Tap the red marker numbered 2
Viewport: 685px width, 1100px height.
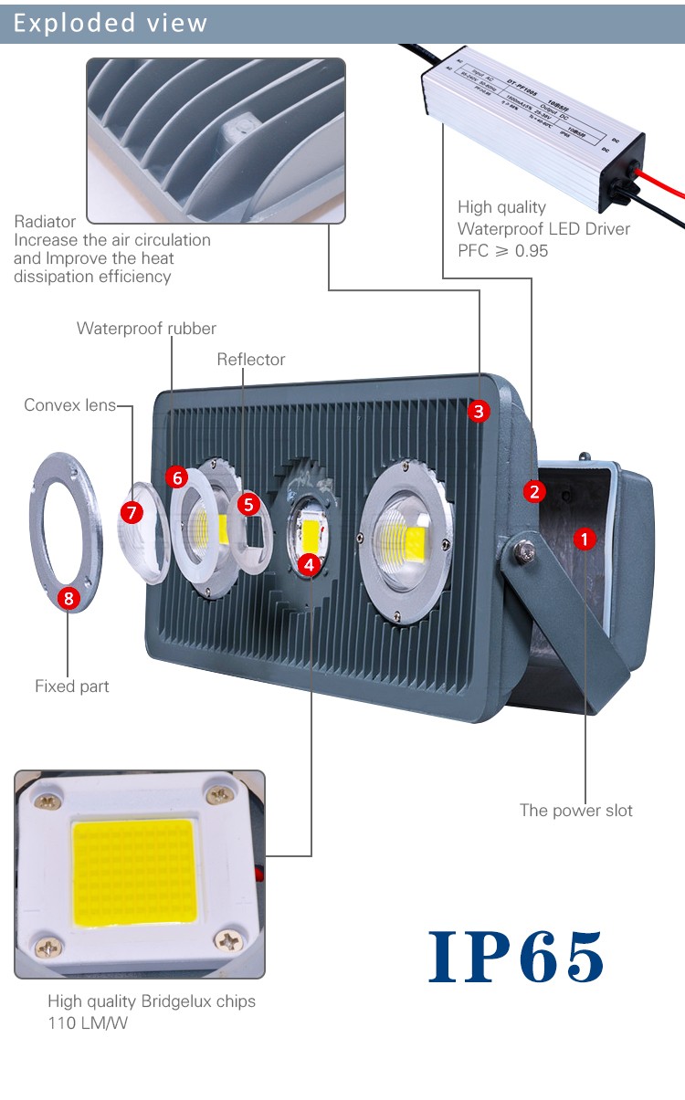pyautogui.click(x=535, y=491)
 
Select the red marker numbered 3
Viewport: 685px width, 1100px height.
pyautogui.click(x=479, y=411)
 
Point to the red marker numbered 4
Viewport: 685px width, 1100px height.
pyautogui.click(x=311, y=564)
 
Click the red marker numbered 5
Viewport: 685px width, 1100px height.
pyautogui.click(x=248, y=503)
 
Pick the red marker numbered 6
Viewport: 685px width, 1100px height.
pyautogui.click(x=177, y=477)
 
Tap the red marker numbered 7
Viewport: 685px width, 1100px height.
pyautogui.click(x=133, y=513)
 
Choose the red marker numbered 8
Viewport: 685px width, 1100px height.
pyautogui.click(x=68, y=599)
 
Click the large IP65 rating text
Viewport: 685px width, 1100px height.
pyautogui.click(x=516, y=957)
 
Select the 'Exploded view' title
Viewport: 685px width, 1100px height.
pyautogui.click(x=111, y=23)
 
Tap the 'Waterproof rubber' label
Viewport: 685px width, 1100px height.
pyautogui.click(x=146, y=329)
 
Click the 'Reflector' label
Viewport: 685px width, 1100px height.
pyautogui.click(x=251, y=360)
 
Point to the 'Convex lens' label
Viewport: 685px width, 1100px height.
pyautogui.click(x=70, y=404)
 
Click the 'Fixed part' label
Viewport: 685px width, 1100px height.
pyautogui.click(x=72, y=686)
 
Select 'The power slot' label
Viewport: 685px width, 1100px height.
pyautogui.click(x=576, y=810)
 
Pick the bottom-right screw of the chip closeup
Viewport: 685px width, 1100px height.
pyautogui.click(x=227, y=940)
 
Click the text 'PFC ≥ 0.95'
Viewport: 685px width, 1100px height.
pyautogui.click(x=503, y=250)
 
